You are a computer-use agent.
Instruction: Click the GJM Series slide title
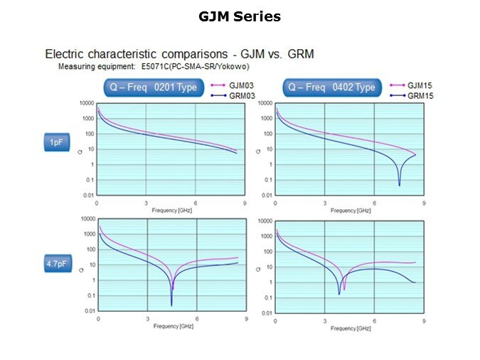pos(240,16)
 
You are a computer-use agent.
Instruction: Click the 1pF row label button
pos(56,143)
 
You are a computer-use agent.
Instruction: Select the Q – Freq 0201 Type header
pos(154,88)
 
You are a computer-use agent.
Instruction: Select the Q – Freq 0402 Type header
pos(331,88)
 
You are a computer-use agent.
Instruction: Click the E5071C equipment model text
pos(139,66)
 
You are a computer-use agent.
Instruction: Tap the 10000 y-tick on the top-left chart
pos(85,103)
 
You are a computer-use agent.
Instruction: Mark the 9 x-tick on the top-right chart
pos(425,203)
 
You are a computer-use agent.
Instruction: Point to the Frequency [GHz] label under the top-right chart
pos(350,211)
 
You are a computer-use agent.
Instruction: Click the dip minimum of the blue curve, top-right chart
pos(400,185)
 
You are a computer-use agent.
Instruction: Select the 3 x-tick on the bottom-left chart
pos(147,319)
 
